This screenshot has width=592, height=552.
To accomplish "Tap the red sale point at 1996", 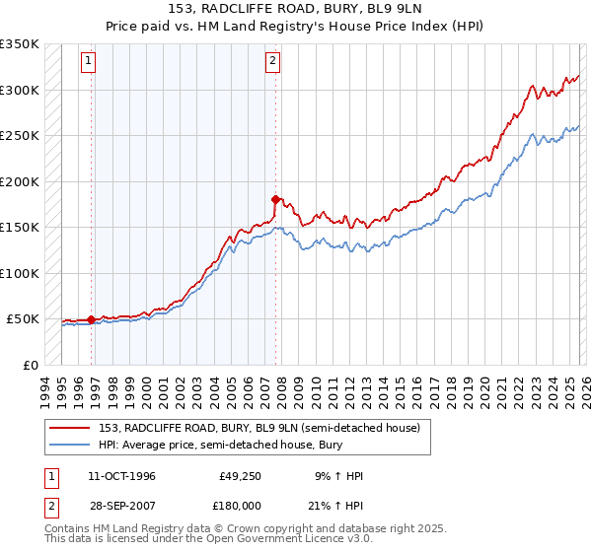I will (x=92, y=319).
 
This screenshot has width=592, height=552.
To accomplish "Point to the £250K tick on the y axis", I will (x=20, y=135).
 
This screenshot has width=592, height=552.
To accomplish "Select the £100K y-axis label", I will (x=20, y=273).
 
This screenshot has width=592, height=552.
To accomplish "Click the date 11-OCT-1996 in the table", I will (x=121, y=476).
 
